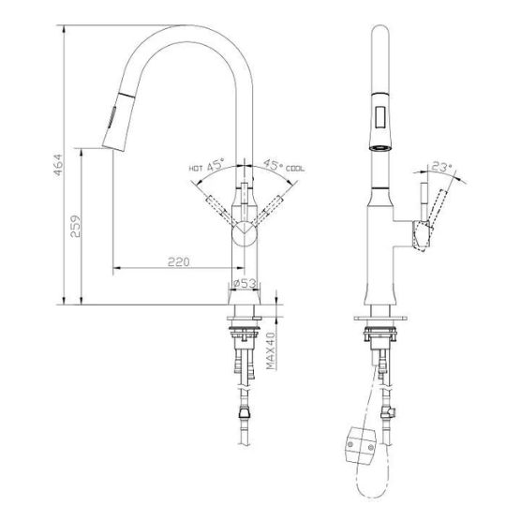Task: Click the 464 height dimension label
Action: [58, 165]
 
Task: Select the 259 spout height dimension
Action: [76, 226]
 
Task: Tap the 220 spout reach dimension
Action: [179, 261]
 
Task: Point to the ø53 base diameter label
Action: [245, 283]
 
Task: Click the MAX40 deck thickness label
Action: [271, 350]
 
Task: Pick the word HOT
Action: [196, 168]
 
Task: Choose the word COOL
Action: [295, 169]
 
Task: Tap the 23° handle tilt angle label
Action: [441, 167]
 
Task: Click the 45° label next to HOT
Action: [216, 165]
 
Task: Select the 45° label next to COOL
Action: [273, 165]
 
